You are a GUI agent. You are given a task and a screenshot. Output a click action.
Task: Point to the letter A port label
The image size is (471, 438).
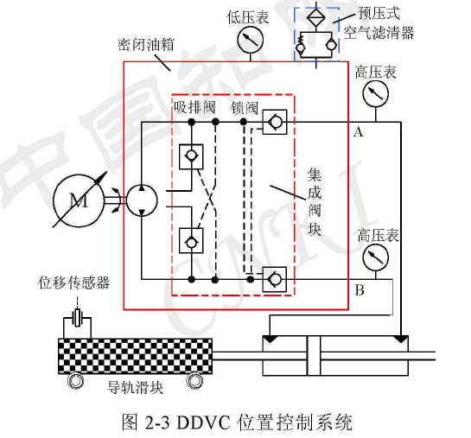[x=358, y=132]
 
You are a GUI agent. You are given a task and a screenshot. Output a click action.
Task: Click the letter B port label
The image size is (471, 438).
[x=360, y=290]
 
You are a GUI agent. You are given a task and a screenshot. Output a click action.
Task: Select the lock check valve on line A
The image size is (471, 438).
[x=275, y=122]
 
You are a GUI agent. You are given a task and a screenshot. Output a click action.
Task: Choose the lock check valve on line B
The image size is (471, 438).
[x=275, y=279]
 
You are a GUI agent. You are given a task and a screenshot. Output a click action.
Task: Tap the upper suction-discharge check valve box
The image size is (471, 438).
[x=191, y=156]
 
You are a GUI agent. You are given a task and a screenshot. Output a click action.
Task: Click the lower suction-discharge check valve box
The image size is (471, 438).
[x=191, y=241]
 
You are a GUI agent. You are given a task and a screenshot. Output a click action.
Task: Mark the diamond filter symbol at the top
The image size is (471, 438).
[x=316, y=16]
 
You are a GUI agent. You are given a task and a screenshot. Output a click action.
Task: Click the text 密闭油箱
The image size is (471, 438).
[x=146, y=45]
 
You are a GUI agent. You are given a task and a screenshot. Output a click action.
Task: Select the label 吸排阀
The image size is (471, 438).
[x=194, y=107]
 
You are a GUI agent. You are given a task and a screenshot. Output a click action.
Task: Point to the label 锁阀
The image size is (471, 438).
[x=245, y=108]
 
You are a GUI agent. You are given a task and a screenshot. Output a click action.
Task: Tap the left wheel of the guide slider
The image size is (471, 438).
[x=75, y=381]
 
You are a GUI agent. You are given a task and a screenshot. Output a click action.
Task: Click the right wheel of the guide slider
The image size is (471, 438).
[x=194, y=381]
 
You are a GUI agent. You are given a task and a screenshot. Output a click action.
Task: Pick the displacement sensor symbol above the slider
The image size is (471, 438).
[x=78, y=318]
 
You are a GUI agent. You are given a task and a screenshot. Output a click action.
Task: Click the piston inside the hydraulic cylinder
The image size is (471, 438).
[x=314, y=356]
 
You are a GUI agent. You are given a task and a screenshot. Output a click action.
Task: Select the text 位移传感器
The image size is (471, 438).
[x=74, y=282]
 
